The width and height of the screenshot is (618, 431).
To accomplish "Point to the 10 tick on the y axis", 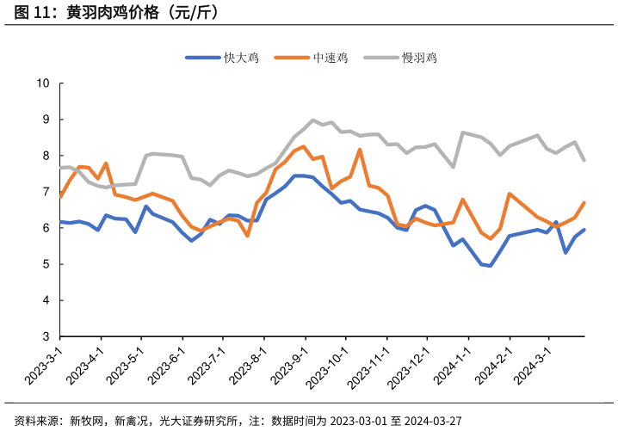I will click(x=44, y=83).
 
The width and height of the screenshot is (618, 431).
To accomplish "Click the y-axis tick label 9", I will click(x=46, y=120).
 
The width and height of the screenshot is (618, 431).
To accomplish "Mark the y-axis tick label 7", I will click(x=46, y=192).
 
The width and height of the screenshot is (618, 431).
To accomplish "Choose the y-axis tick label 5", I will click(x=46, y=264).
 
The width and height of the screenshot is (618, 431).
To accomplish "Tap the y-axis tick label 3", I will click(x=46, y=337).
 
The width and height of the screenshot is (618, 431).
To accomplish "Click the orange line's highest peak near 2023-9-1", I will click(x=303, y=146).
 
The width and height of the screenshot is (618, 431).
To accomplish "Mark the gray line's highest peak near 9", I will click(x=312, y=120).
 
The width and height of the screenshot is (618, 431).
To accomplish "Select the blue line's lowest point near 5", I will click(x=490, y=266).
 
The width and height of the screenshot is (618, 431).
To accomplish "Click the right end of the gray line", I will click(x=584, y=160).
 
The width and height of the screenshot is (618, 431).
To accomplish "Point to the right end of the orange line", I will click(x=584, y=203).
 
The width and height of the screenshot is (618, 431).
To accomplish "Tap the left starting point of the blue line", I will click(x=60, y=222).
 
